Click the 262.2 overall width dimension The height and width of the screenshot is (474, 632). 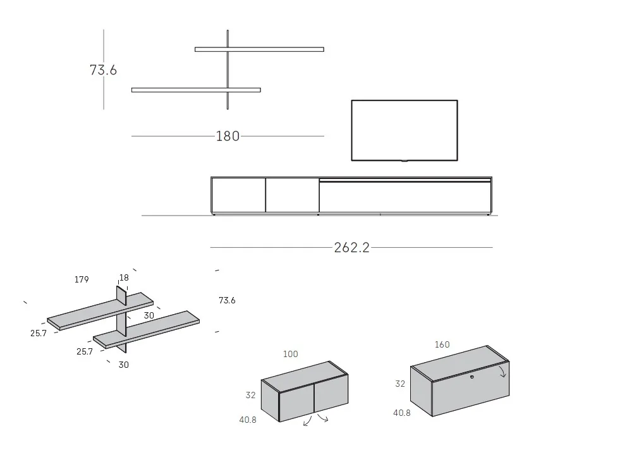coord(351,248)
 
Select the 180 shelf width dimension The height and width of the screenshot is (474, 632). coord(228,136)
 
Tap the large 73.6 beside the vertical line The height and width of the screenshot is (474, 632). coord(103,70)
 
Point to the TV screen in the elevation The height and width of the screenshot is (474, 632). coord(404,130)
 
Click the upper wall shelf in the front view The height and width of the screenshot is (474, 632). coord(259,49)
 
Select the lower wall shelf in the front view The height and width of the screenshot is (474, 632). coord(196,90)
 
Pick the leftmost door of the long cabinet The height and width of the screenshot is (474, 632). coord(238,195)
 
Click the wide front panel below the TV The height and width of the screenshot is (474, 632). coord(404,197)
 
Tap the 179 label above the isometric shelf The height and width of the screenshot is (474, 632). coord(81,279)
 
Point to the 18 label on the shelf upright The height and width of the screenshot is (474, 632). coord(124,278)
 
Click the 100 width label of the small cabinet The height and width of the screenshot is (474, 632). coord(290,355)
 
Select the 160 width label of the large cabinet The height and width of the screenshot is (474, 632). coord(442,345)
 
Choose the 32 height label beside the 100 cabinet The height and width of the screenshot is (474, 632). coord(250,396)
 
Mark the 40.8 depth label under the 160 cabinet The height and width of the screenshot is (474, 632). coord(402,413)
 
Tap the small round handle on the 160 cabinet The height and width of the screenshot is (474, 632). coord(471,377)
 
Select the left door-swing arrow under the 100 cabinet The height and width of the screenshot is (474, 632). coord(308,421)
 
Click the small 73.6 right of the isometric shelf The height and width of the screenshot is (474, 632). coord(227,301)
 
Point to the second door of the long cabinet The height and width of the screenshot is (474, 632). coord(292,195)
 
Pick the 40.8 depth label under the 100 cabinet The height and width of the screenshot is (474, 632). coord(248,420)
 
